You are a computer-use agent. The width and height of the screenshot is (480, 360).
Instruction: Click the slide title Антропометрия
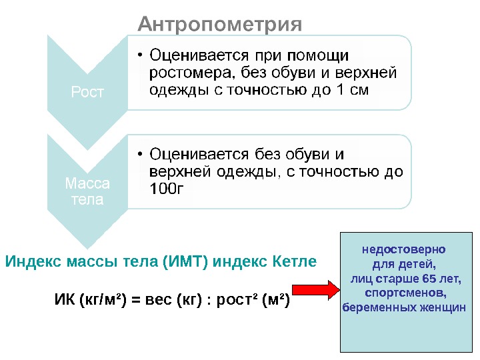tap(219, 25)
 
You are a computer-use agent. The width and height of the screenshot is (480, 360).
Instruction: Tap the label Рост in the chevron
tap(87, 92)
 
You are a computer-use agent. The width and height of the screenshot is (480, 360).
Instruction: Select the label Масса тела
tap(87, 191)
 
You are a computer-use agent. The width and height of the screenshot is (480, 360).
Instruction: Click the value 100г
tap(167, 189)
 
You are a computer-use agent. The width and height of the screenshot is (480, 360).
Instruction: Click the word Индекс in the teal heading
tap(34, 261)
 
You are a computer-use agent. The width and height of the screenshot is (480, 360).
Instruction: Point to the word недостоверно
tap(403, 250)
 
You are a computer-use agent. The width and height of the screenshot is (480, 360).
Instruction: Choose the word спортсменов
tap(405, 293)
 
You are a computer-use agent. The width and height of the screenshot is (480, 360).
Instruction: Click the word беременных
tap(378, 307)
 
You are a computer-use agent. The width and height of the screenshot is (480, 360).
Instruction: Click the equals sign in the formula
tap(133, 301)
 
